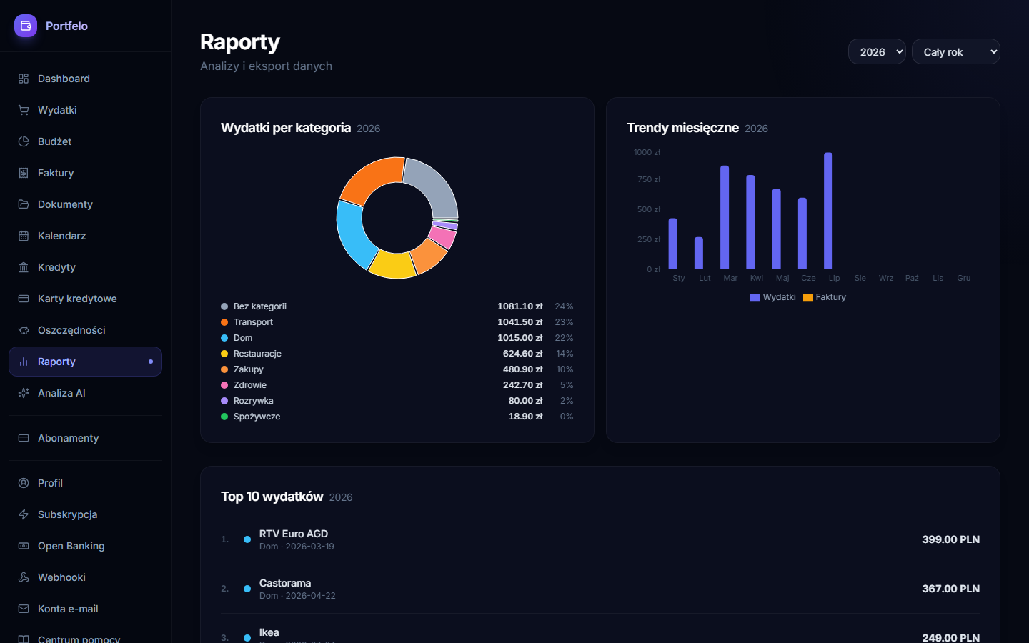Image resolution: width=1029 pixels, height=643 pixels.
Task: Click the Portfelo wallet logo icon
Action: pyautogui.click(x=26, y=26)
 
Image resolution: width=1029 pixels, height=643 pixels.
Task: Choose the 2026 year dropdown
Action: pyautogui.click(x=877, y=52)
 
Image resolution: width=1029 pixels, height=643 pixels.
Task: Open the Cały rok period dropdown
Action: pyautogui.click(x=955, y=52)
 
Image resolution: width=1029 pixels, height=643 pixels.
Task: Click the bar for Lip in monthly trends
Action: pyautogui.click(x=828, y=211)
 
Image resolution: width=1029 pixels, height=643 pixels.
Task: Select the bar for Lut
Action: pyautogui.click(x=699, y=253)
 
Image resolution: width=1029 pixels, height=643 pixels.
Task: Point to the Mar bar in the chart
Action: pyautogui.click(x=725, y=217)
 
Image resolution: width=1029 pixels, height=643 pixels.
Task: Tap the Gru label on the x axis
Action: pyautogui.click(x=963, y=279)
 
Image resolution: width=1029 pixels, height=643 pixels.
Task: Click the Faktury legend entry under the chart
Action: pyautogui.click(x=825, y=297)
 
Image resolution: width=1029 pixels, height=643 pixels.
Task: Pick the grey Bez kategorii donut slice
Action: pyautogui.click(x=434, y=186)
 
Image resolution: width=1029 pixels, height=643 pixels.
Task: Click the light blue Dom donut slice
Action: pyautogui.click(x=354, y=234)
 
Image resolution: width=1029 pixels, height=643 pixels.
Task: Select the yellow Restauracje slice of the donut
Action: pyautogui.click(x=392, y=265)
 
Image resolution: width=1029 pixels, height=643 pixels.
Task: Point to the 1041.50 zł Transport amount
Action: pyautogui.click(x=520, y=322)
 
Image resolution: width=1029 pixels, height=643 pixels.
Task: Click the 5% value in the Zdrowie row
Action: pyautogui.click(x=567, y=385)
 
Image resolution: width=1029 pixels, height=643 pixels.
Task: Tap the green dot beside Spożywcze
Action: pyautogui.click(x=224, y=417)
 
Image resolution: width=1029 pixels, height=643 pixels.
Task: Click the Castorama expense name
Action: pyautogui.click(x=285, y=583)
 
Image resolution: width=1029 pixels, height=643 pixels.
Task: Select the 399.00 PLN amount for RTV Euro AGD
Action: pyautogui.click(x=950, y=539)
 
